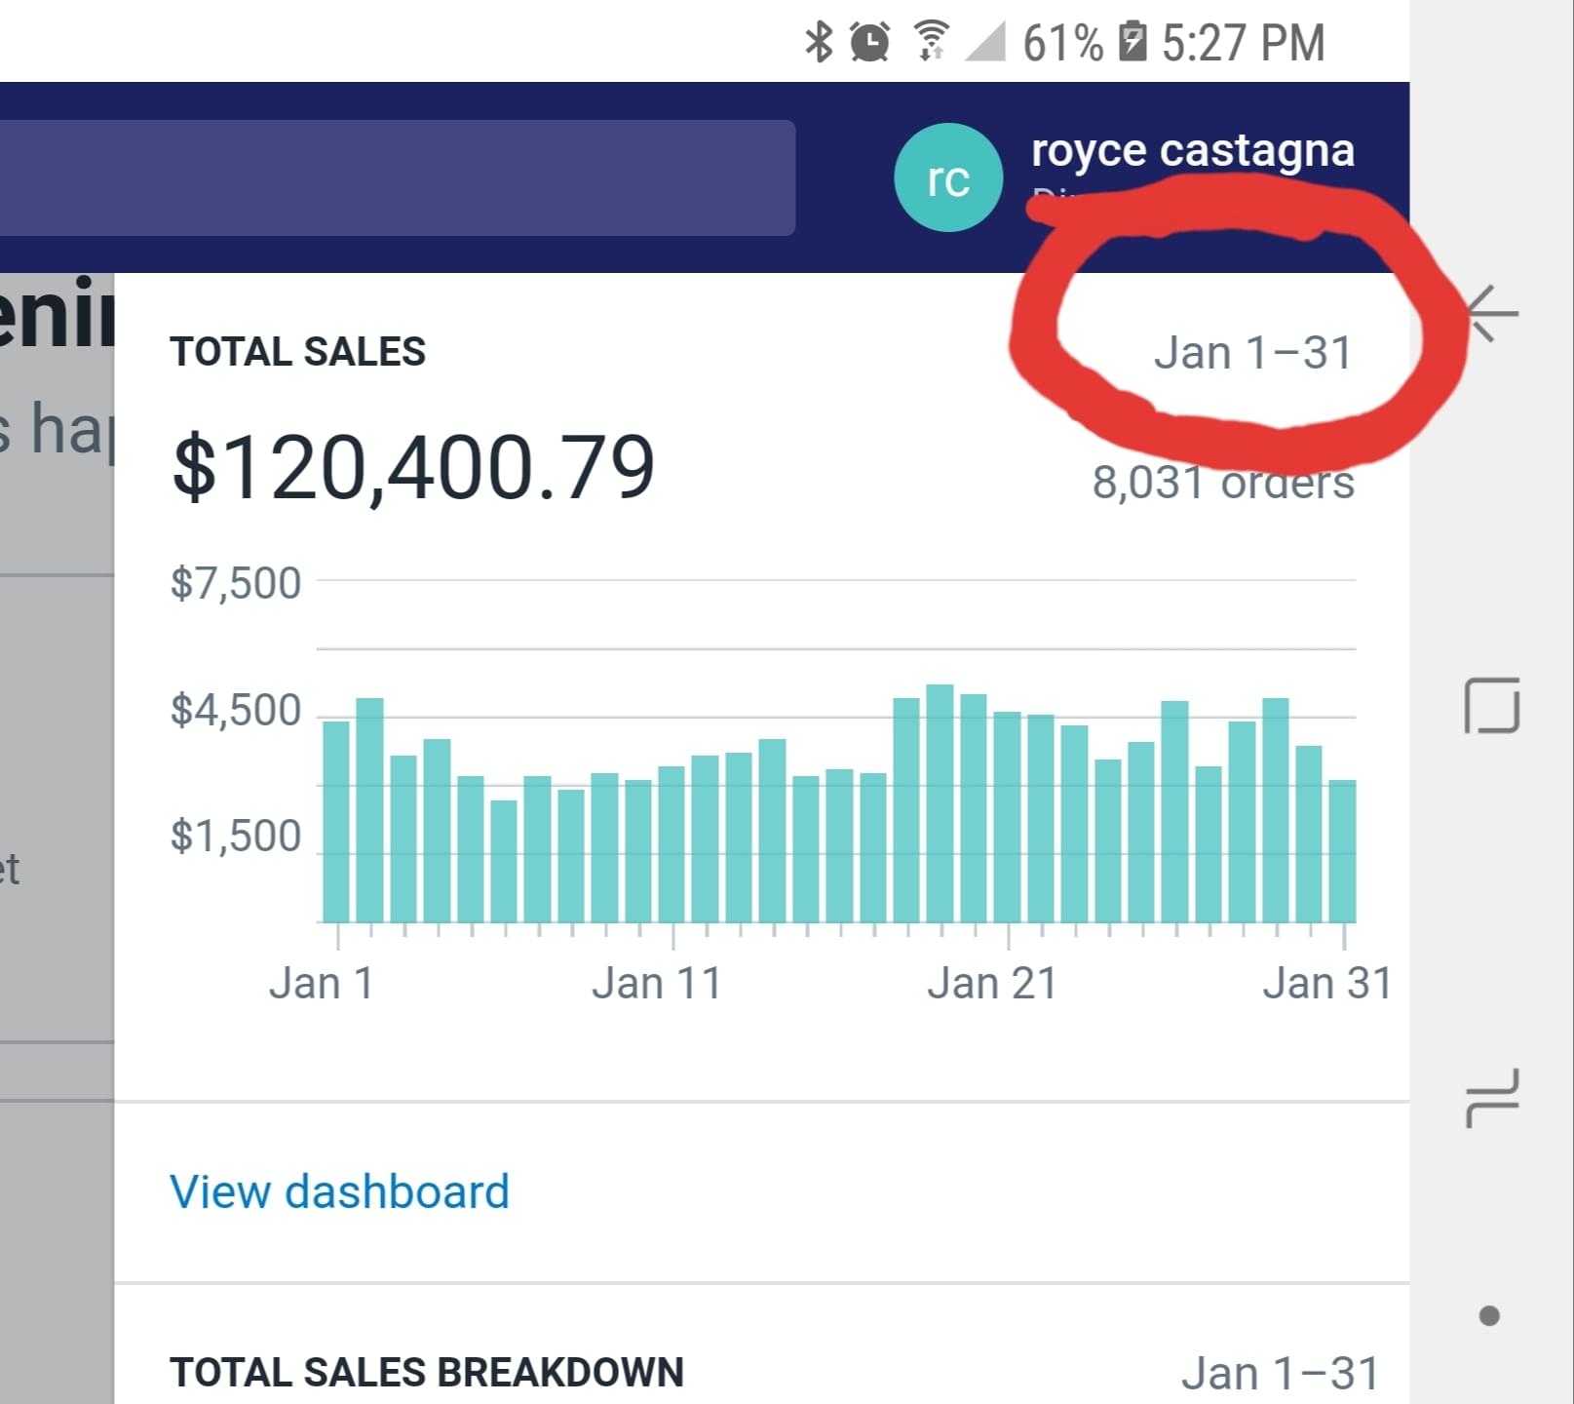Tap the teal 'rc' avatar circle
coord(947,178)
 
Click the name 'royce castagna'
coord(1192,150)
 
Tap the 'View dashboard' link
coord(339,1191)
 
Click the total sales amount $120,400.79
coord(413,468)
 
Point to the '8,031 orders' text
coord(1222,483)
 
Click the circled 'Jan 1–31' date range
coord(1252,352)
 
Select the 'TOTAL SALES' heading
coord(297,351)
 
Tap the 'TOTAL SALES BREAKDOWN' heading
coord(426,1372)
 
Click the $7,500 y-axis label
coord(236,583)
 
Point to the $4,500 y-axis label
coord(236,710)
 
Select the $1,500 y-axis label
coord(236,837)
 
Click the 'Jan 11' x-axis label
coord(656,983)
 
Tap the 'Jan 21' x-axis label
coord(991,983)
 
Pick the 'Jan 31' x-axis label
coord(1326,983)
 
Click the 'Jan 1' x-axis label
coord(322,983)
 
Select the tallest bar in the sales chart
coord(940,803)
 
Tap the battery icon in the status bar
coord(1133,42)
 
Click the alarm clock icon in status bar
coord(869,42)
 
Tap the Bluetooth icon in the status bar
coord(819,42)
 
